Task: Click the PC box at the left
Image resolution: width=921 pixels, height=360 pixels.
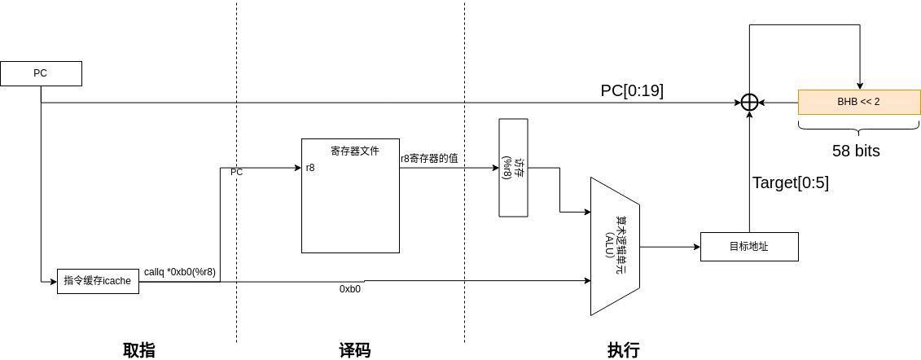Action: [41, 73]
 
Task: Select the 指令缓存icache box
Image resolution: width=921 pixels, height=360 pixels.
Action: [98, 281]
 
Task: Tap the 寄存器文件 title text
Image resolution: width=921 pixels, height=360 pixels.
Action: [354, 151]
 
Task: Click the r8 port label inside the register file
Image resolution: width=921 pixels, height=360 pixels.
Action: [310, 169]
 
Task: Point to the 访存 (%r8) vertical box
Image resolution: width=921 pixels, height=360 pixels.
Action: [513, 168]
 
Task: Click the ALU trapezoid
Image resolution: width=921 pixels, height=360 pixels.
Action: [615, 246]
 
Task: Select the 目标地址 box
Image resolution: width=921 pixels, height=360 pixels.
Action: [749, 247]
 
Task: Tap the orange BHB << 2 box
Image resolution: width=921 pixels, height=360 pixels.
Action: [858, 102]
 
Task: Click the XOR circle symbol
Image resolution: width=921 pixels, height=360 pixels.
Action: [749, 103]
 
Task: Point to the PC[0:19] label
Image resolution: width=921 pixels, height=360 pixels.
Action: [632, 90]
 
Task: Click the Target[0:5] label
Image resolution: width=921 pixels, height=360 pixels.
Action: [790, 182]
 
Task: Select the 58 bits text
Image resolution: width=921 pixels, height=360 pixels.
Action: [856, 151]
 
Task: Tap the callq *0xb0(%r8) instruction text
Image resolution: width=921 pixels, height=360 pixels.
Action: [180, 272]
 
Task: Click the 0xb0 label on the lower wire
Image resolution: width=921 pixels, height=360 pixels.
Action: [350, 289]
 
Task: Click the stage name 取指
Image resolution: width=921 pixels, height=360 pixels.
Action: [138, 350]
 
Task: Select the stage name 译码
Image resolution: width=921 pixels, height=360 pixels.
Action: [354, 350]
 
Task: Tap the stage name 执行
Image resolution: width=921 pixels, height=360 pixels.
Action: [623, 350]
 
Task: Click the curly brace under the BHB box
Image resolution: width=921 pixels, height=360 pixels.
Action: [858, 128]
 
